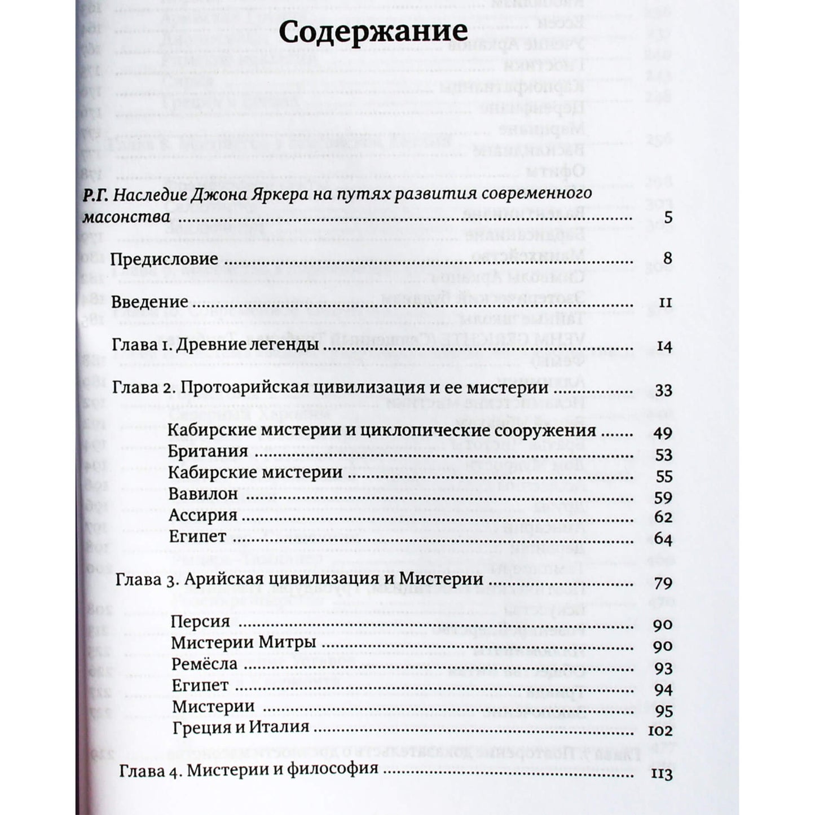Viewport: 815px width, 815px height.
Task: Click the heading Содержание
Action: [373, 32]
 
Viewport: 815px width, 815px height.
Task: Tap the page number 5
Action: [668, 217]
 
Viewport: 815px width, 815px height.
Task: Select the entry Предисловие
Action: [164, 259]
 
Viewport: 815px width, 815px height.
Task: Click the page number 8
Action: [668, 259]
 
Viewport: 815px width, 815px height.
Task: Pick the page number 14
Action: [664, 347]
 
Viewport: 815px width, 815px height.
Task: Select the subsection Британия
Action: [208, 452]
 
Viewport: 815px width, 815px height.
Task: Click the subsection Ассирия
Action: [202, 516]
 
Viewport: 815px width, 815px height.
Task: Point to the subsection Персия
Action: [200, 622]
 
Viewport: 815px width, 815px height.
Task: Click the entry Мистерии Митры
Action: [243, 643]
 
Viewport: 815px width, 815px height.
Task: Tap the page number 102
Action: [660, 732]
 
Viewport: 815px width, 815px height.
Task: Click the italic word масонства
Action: [126, 217]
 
